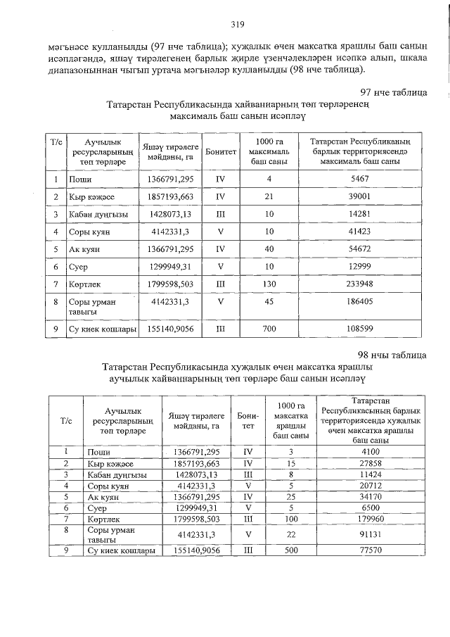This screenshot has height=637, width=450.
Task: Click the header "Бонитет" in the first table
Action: [x=221, y=151]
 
